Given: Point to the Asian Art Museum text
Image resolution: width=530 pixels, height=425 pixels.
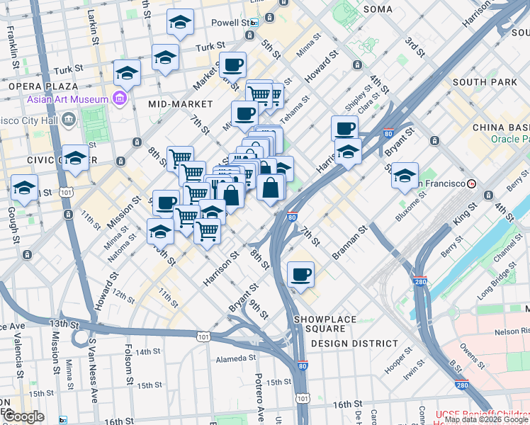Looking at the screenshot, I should point(67,98).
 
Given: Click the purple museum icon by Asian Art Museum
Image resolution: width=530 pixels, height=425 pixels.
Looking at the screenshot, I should point(120,97).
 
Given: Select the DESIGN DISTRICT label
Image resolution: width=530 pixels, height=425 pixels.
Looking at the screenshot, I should point(354,344).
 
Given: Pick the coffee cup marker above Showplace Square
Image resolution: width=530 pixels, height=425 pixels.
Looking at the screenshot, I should point(300,274).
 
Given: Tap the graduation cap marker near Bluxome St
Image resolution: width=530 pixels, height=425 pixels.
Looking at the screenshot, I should point(405,176).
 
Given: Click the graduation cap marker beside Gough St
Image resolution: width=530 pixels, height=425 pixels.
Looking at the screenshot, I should point(25,188).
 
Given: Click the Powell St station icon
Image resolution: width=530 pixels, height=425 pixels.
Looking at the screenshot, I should point(254,23).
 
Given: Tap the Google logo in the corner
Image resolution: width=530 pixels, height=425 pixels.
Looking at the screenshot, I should point(24,416).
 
